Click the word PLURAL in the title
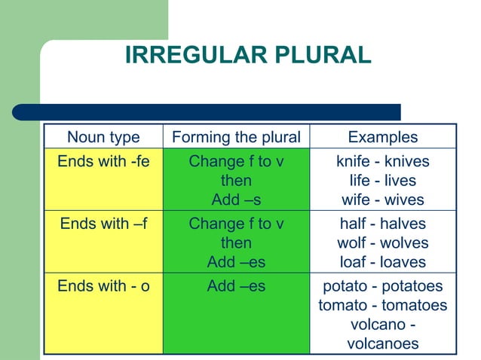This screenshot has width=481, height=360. coord(319,55)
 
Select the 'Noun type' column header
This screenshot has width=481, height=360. coord(103,137)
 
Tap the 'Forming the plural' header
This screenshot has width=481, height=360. coord(236,137)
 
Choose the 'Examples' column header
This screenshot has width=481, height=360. coord(382,137)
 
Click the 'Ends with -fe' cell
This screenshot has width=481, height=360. coord(103,161)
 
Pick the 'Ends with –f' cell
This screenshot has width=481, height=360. coord(103,224)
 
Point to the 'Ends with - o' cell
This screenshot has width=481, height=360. coord(103,286)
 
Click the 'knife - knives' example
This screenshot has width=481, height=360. coord(382,161)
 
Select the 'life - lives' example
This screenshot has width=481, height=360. coord(382,181)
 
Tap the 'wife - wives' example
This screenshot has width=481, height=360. coord(382,200)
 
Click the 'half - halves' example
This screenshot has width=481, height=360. coord(382,224)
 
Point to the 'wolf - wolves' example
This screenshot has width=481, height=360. coord(382,243)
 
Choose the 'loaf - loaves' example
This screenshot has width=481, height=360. coord(382,263)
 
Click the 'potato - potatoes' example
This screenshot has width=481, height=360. coord(382,286)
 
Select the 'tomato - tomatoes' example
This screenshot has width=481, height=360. coord(382,306)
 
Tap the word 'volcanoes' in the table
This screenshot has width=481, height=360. coord(382,344)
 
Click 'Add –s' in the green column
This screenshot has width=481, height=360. coord(236,200)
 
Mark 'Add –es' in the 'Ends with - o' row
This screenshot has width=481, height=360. coord(236,286)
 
